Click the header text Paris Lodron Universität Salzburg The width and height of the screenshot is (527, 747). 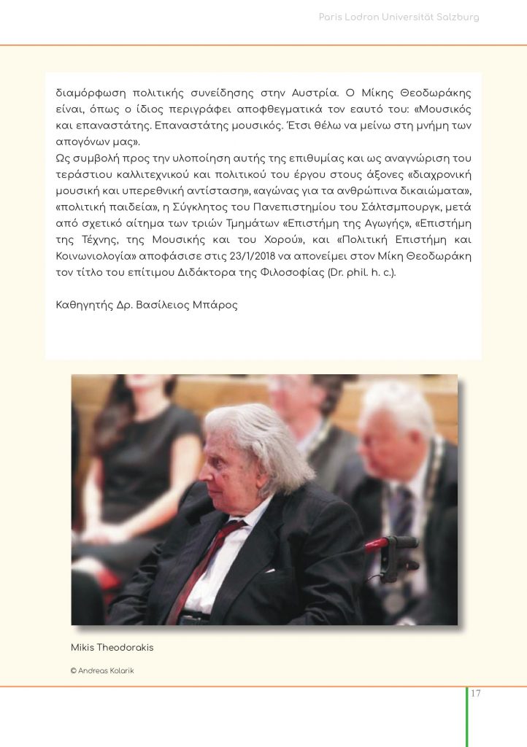click(x=399, y=17)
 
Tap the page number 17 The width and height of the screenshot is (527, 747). click(x=475, y=693)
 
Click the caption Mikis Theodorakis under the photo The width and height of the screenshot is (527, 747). click(x=112, y=648)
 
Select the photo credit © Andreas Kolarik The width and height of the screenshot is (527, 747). click(x=102, y=671)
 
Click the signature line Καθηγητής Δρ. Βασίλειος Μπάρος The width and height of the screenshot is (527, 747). click(x=147, y=304)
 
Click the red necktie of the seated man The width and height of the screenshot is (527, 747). click(x=201, y=569)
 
